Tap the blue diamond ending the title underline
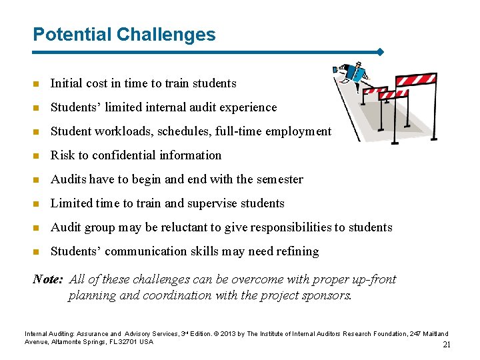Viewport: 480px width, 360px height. point(380,51)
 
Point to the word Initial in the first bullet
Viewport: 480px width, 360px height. point(66,83)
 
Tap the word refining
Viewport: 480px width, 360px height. point(298,251)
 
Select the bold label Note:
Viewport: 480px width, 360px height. point(48,279)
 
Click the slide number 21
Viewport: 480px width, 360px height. point(447,345)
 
